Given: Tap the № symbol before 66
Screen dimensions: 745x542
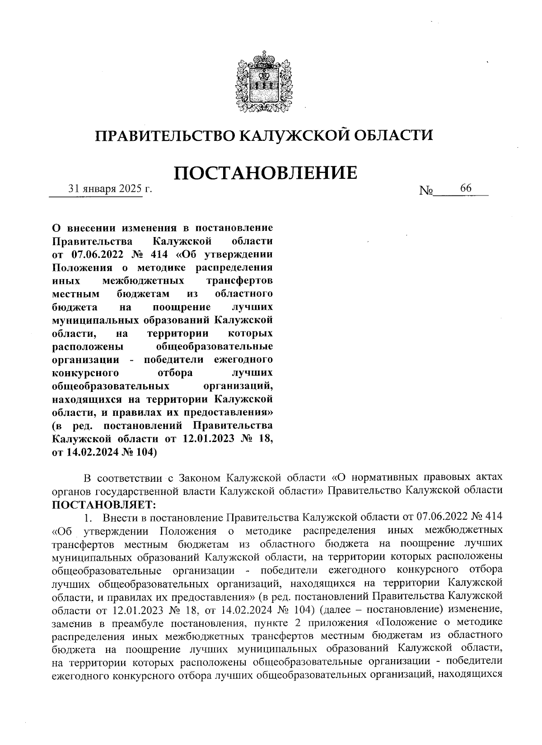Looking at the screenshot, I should tap(426, 191).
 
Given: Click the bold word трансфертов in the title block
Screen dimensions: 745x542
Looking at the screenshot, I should tap(239, 280).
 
